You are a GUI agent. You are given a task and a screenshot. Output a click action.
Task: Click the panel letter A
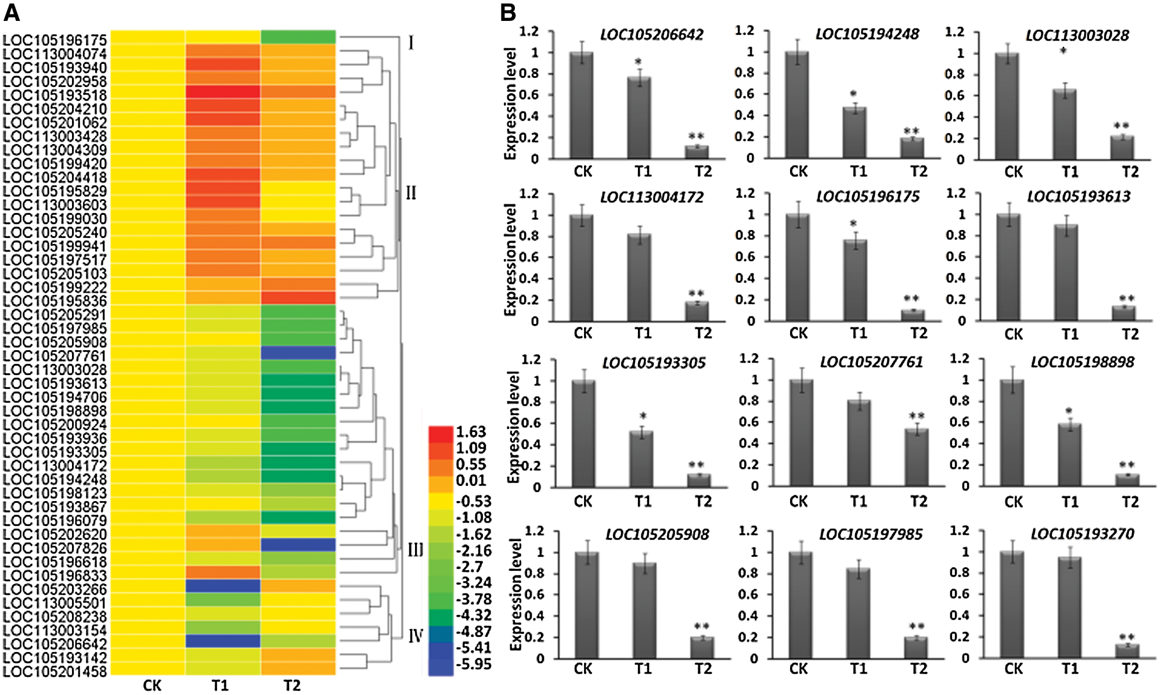(x=12, y=12)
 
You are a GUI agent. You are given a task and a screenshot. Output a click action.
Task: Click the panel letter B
(x=508, y=12)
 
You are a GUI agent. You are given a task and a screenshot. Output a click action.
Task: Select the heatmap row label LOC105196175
(x=55, y=40)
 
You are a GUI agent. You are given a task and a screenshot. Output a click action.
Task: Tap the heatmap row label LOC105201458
(x=55, y=672)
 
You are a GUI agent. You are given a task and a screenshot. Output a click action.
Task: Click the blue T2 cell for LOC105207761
(x=298, y=353)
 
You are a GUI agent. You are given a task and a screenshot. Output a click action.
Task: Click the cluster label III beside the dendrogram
(x=415, y=549)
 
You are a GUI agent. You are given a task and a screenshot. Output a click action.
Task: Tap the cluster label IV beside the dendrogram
(x=415, y=636)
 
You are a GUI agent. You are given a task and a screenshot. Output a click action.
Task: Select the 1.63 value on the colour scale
(x=471, y=432)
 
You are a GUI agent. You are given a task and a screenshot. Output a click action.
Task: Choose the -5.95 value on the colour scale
(x=473, y=664)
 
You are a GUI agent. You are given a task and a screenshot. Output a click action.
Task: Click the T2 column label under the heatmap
(x=292, y=686)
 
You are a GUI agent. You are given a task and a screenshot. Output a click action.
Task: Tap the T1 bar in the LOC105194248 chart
(x=854, y=133)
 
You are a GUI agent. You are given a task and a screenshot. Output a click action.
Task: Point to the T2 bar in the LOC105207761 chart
(x=917, y=458)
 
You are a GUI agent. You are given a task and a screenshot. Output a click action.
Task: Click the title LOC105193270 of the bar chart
(x=1082, y=534)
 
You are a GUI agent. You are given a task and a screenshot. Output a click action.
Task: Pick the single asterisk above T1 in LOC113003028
(x=1063, y=52)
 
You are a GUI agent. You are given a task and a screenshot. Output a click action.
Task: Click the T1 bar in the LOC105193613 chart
(x=1066, y=273)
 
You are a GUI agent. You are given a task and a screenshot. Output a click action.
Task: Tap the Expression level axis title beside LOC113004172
(x=510, y=260)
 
